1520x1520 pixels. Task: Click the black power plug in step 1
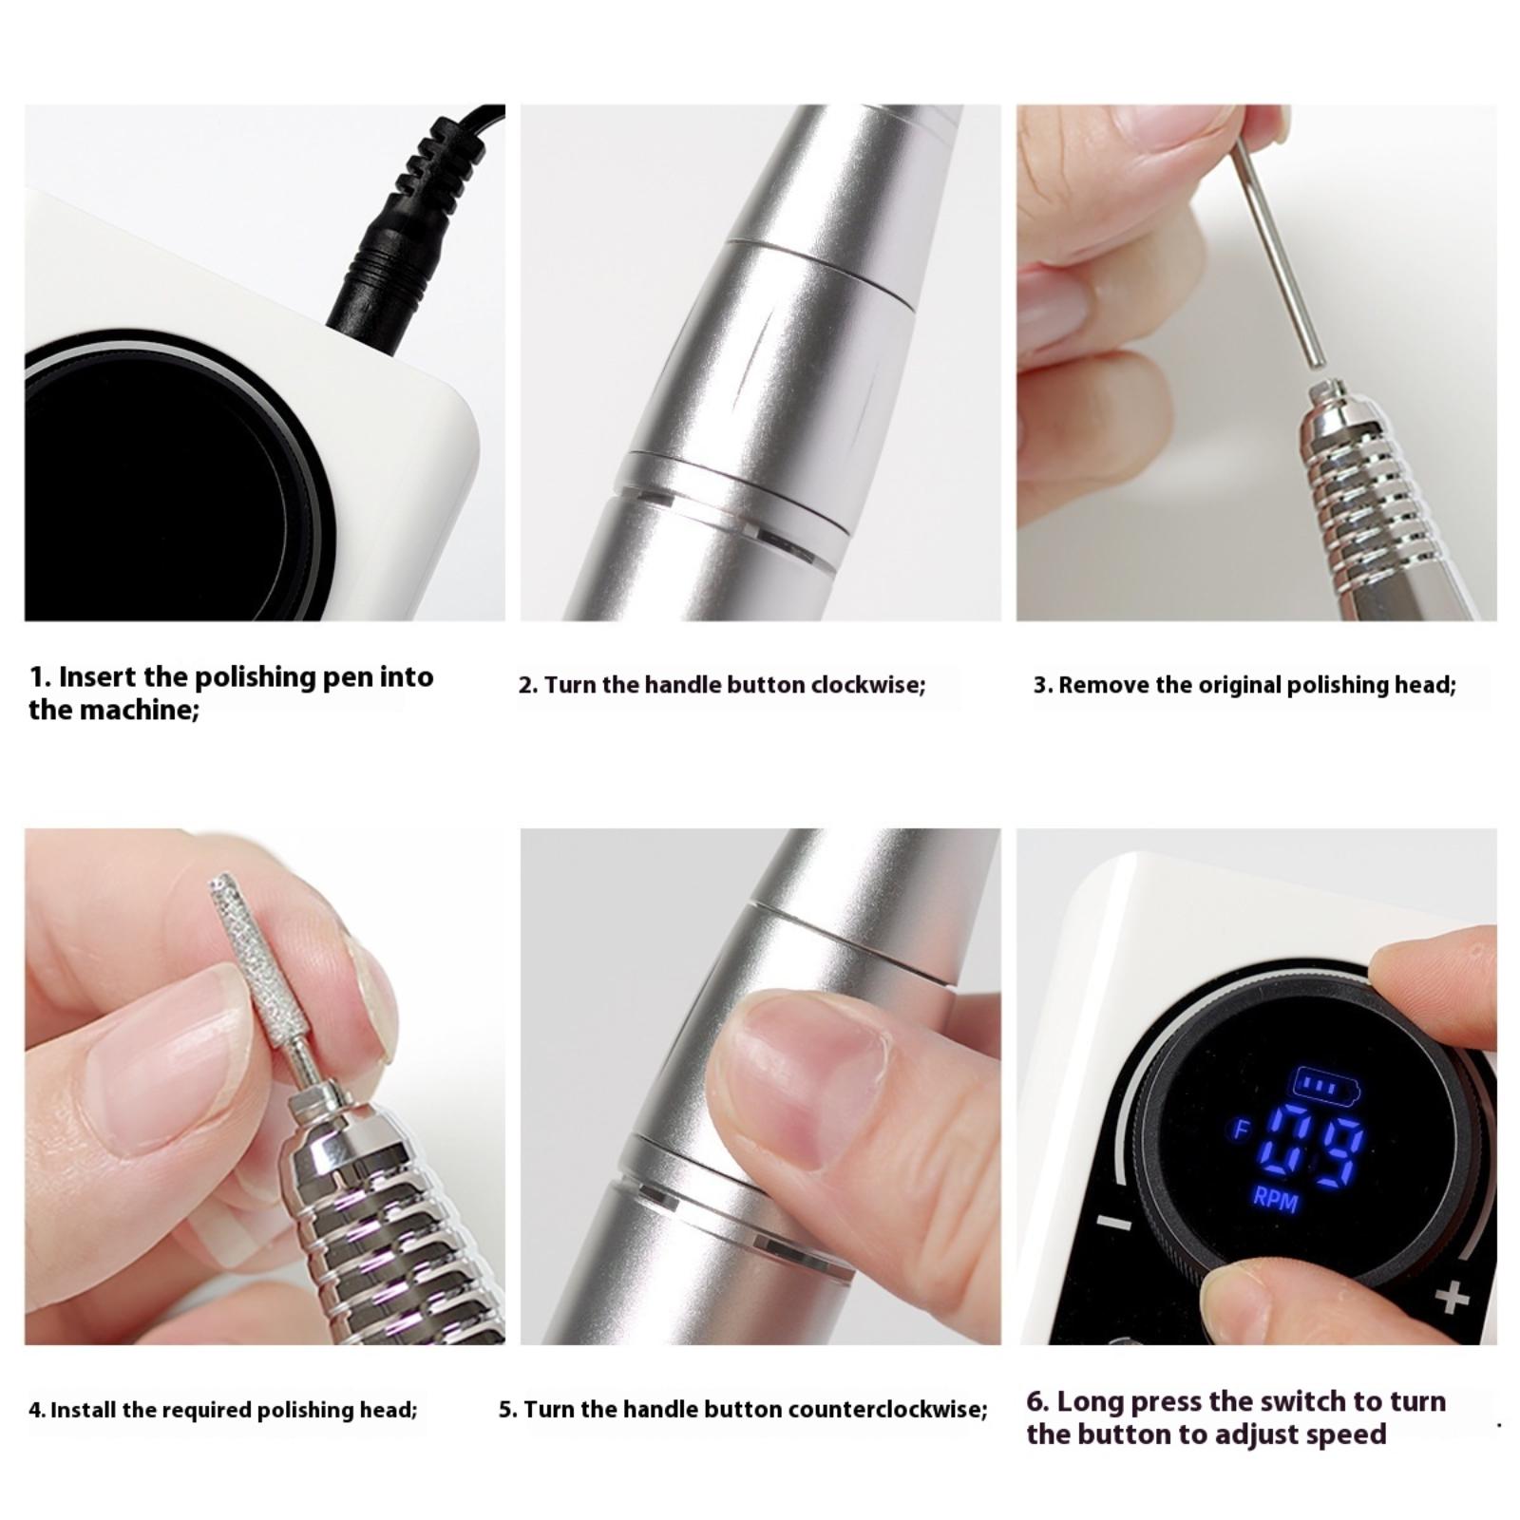[x=404, y=237]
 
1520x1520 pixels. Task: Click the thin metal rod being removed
[x=1278, y=237]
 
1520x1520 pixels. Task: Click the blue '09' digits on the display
[x=1318, y=1153]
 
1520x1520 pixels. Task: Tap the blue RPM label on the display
[x=1275, y=1198]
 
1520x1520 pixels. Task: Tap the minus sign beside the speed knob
[x=1115, y=1224]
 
